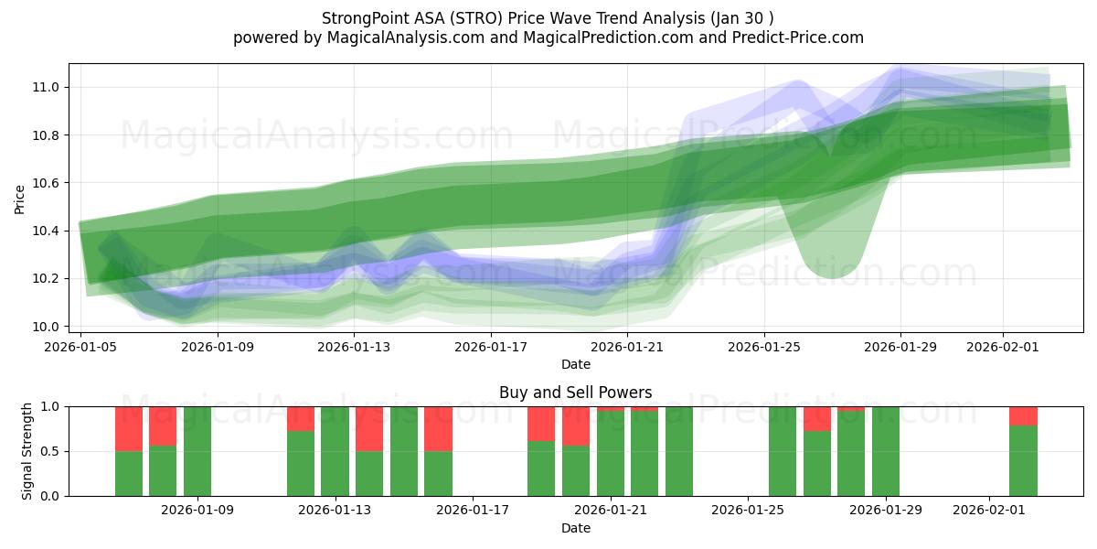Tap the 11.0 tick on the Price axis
tap(47, 88)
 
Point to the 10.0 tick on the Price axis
tap(47, 327)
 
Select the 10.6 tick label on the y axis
tap(47, 183)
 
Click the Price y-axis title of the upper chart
tap(20, 199)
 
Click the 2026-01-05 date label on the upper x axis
tap(81, 347)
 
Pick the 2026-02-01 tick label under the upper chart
tap(1004, 347)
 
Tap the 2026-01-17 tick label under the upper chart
tap(491, 347)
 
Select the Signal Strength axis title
tap(27, 451)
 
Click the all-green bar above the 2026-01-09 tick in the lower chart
tap(197, 451)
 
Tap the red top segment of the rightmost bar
tap(1023, 415)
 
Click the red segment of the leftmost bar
tap(129, 428)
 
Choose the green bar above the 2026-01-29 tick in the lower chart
tap(886, 451)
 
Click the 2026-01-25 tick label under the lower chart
tap(748, 511)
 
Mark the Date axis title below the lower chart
tap(576, 528)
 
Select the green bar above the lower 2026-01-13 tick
tap(335, 451)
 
